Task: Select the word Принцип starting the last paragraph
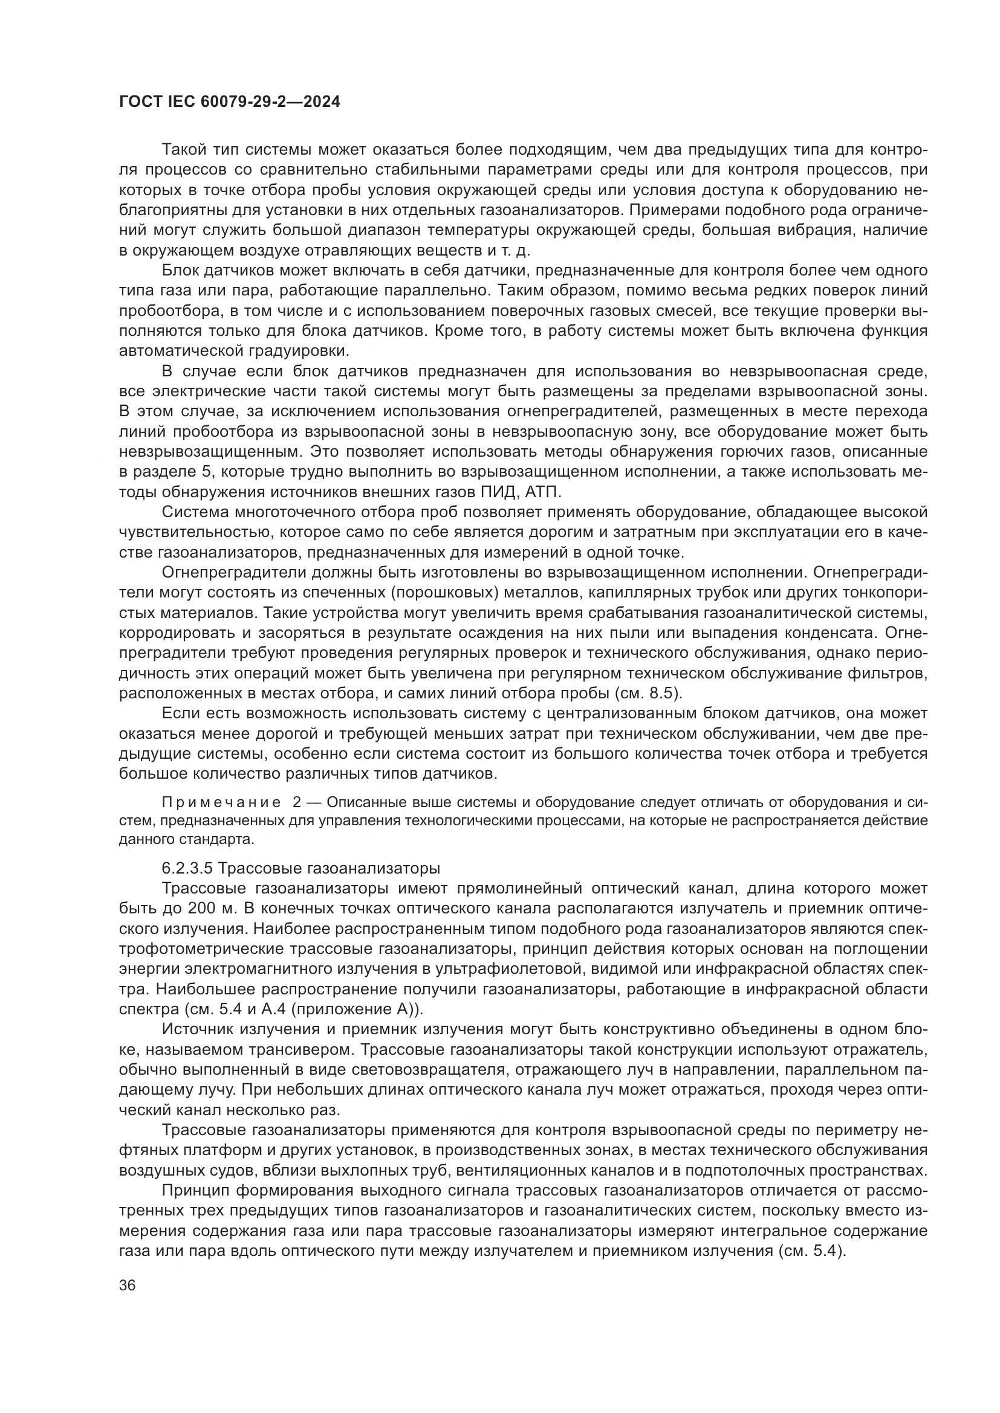[x=193, y=1191]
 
